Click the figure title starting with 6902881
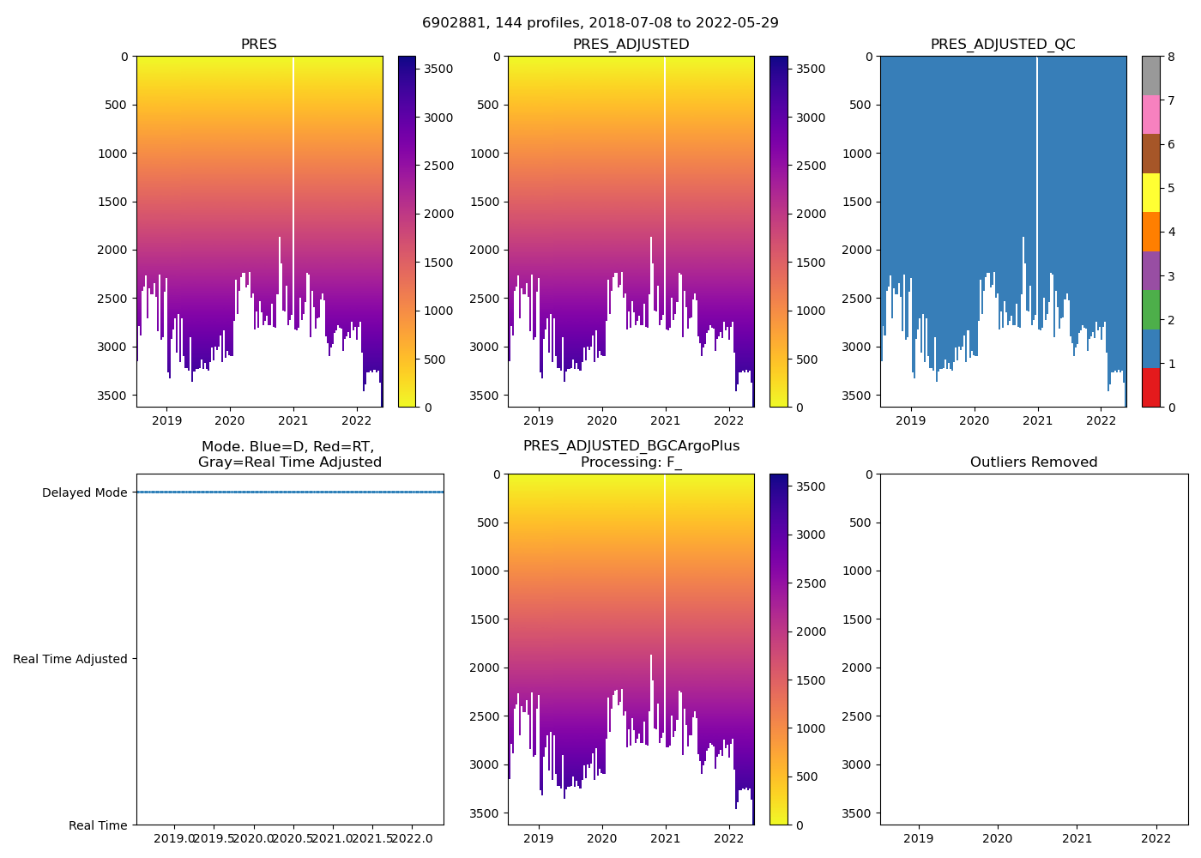pos(600,23)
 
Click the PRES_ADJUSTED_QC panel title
pos(1003,45)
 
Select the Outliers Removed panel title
pos(1034,462)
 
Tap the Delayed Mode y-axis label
pos(84,492)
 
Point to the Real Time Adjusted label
pos(70,659)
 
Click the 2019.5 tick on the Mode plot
pos(214,837)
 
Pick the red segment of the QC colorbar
pos(1150,388)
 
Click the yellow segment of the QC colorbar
pos(1150,192)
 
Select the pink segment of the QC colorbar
pos(1150,114)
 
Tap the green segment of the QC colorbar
pos(1150,309)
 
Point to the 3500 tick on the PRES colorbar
pos(438,69)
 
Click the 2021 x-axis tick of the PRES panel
pos(293,420)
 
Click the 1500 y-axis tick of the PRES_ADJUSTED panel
pos(488,202)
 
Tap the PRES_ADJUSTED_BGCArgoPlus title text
pos(631,446)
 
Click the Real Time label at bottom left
pos(98,825)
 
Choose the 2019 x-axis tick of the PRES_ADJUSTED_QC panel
pos(910,420)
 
